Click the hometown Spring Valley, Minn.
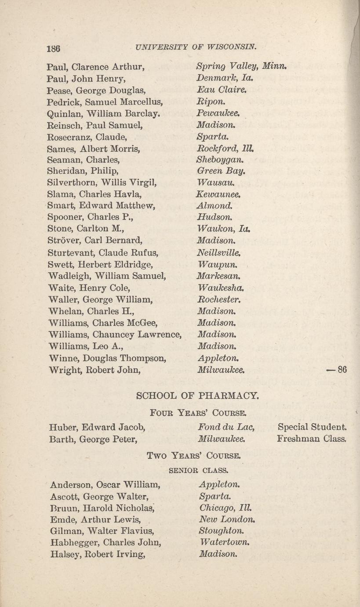241,68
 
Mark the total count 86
342,370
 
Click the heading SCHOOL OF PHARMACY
198,395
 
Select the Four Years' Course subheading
198,413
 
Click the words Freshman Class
312,439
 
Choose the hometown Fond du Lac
227,427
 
